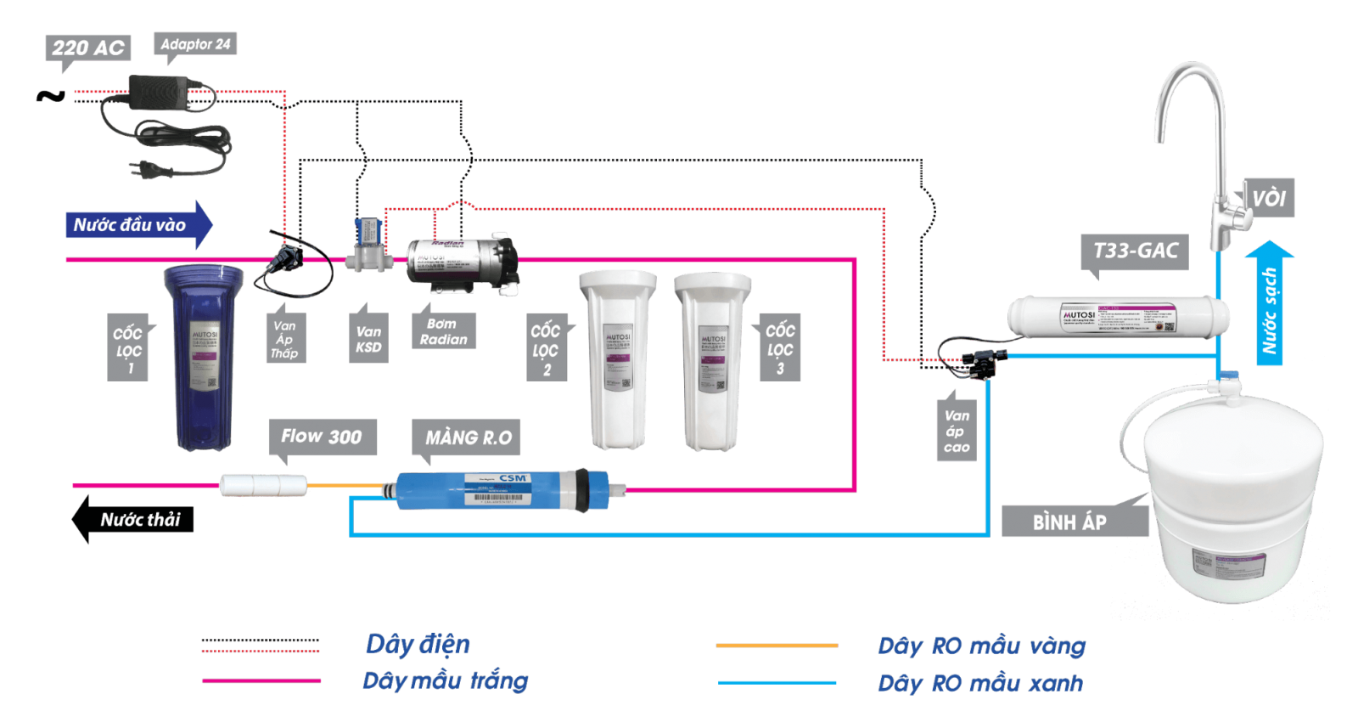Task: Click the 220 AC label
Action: [87, 48]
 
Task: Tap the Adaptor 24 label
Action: [195, 44]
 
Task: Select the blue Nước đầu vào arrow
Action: [136, 225]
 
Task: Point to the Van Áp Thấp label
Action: [284, 339]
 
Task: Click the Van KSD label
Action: [368, 339]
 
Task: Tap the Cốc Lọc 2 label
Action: [546, 349]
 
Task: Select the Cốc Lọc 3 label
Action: [780, 349]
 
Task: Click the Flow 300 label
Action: [322, 437]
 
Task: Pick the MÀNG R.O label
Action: [468, 437]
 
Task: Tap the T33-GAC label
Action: [1136, 251]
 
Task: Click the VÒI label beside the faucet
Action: [1269, 198]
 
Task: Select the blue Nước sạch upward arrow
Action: [1270, 306]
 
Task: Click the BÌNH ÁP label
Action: [1069, 522]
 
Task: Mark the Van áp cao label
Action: [957, 432]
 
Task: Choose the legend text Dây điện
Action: [418, 644]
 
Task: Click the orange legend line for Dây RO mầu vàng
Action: [777, 646]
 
